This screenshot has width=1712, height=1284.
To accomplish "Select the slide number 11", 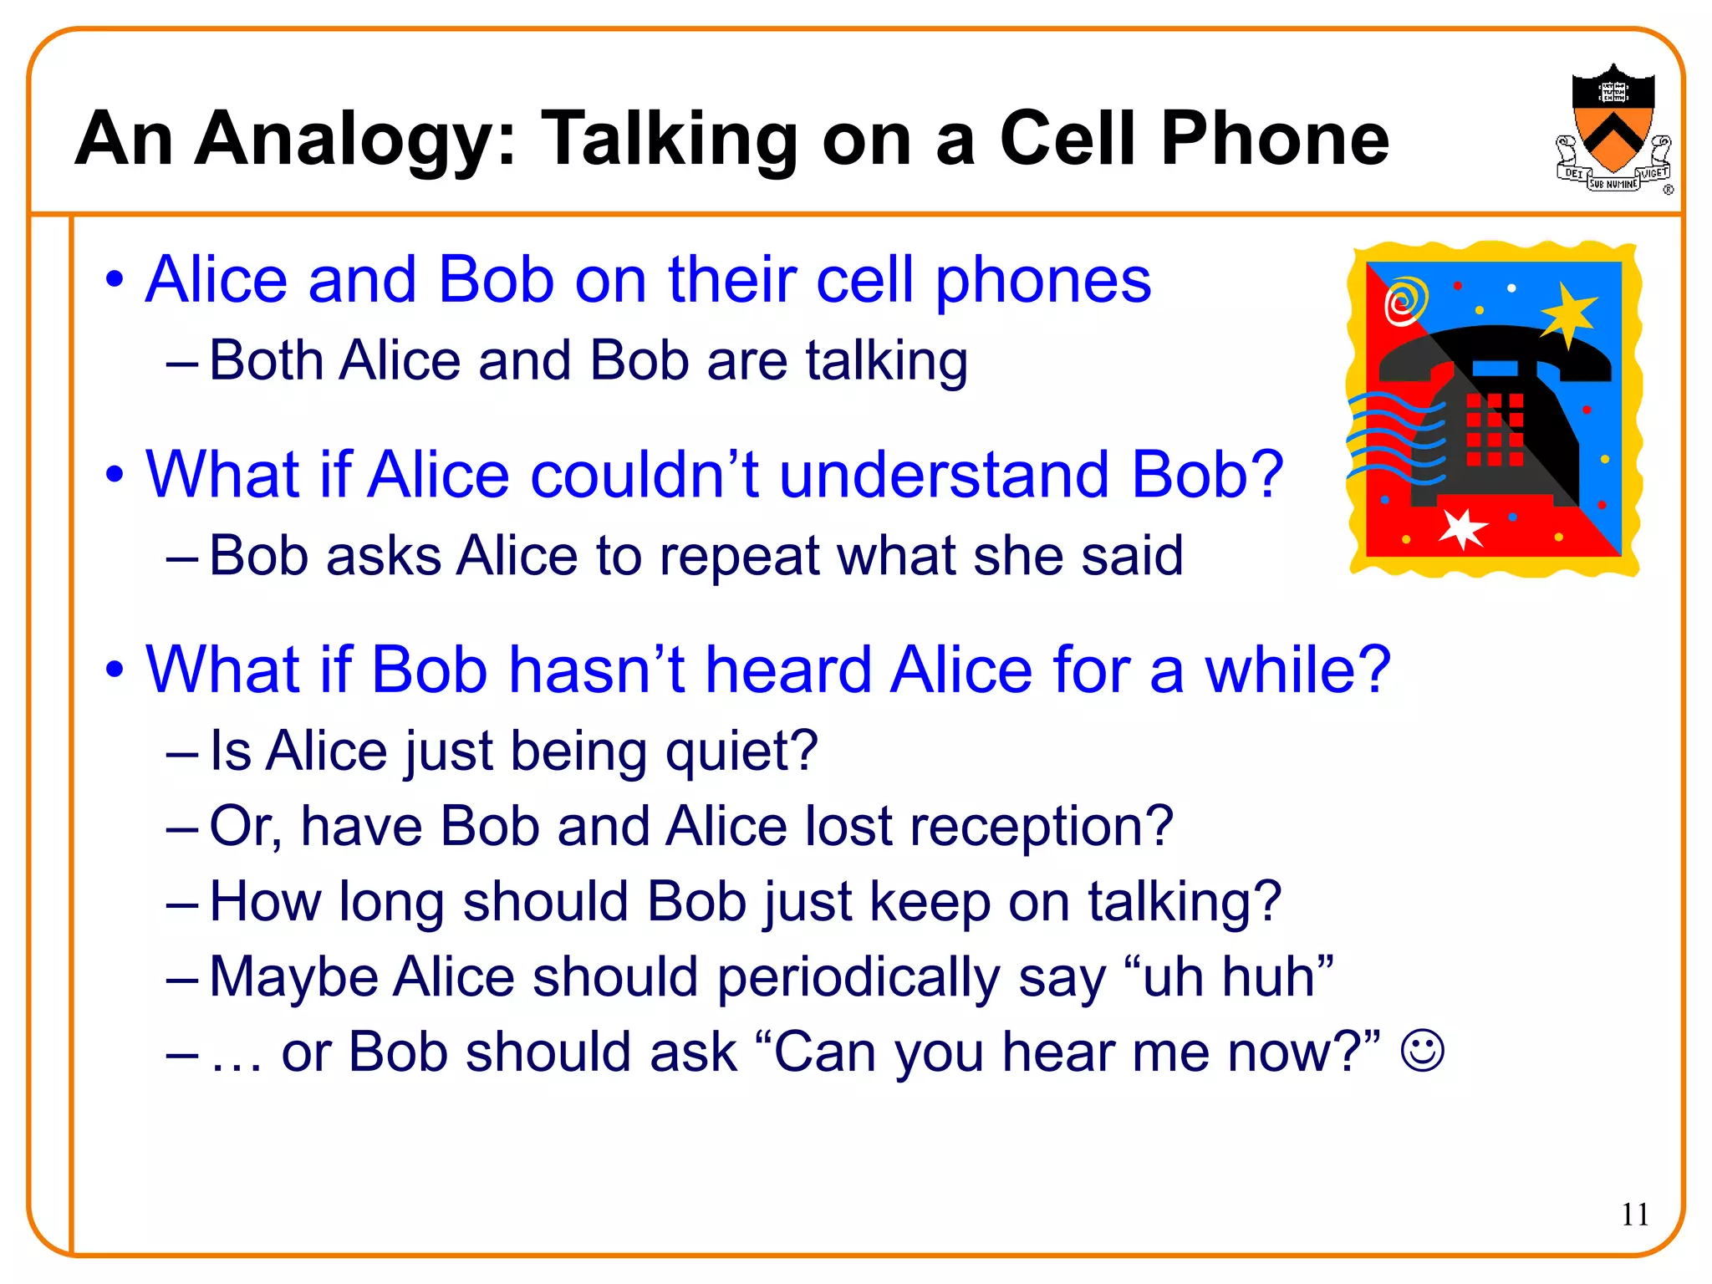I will [1635, 1214].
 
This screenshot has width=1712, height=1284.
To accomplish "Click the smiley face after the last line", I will [1422, 1051].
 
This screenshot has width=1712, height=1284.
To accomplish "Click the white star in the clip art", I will [1462, 527].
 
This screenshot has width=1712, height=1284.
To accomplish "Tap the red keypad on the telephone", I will [1494, 430].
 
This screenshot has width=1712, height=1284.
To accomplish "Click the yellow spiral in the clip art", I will [1406, 300].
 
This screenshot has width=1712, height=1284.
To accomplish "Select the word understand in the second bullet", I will [945, 474].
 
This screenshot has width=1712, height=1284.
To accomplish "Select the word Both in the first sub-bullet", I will [266, 360].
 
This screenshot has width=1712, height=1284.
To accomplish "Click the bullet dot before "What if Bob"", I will [115, 670].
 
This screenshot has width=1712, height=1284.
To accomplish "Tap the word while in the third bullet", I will [1297, 670].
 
